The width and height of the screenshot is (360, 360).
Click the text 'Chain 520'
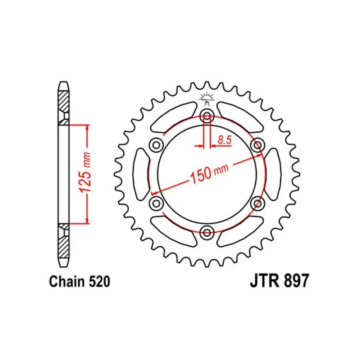point(79,282)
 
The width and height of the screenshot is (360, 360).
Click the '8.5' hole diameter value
point(224,140)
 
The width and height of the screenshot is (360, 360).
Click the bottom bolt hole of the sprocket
point(207,232)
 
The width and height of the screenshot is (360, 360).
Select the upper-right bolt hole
point(258,144)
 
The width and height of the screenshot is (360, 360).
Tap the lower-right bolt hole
point(258,203)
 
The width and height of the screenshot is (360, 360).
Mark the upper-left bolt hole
point(156,144)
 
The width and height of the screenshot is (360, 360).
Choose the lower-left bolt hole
point(156,203)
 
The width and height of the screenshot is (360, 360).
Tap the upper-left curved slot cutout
point(175,116)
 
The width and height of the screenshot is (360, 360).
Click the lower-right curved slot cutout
point(239,230)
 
